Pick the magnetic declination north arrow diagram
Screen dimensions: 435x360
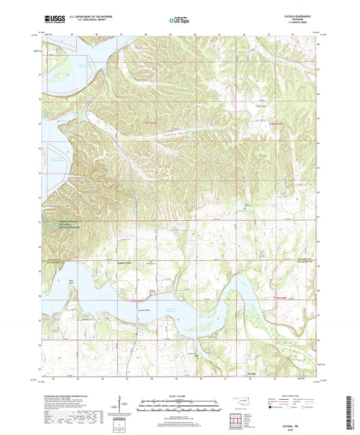(x=122, y=407)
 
